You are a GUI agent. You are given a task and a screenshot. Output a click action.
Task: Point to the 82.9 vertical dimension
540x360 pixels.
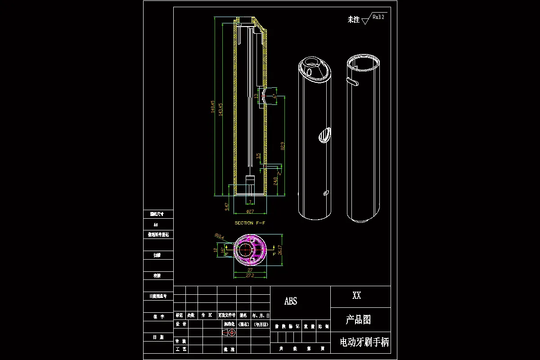[283, 146]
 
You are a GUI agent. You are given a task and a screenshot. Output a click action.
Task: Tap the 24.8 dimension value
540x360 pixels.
[275, 181]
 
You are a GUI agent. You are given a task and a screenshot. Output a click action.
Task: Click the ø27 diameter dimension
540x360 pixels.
[250, 211]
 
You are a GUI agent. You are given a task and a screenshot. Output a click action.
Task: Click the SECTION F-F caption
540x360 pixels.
[250, 223]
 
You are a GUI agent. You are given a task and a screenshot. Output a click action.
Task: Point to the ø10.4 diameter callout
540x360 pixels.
[219, 235]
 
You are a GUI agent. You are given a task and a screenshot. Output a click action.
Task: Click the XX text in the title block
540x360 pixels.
[356, 296]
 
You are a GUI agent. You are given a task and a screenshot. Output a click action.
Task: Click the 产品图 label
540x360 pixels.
[358, 320]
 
